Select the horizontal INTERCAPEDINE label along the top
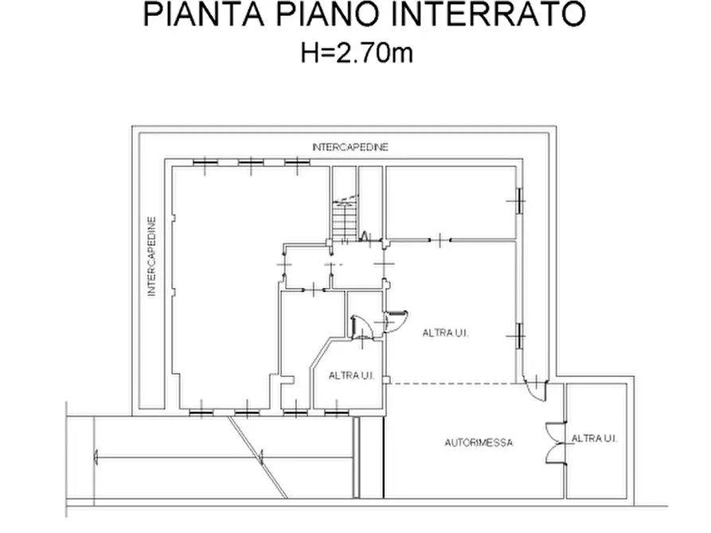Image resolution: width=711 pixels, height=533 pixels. (350, 148)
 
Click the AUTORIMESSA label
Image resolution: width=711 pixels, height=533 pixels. (479, 442)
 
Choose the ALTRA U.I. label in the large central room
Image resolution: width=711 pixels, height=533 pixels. (446, 333)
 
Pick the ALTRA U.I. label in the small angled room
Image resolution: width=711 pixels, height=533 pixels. (352, 375)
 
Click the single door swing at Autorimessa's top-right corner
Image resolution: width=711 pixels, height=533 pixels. (537, 389)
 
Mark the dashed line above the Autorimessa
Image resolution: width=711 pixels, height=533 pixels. (454, 383)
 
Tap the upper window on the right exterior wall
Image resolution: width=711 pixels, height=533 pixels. (518, 201)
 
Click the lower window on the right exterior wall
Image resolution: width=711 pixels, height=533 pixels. (518, 337)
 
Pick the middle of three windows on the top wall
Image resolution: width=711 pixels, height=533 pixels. (251, 162)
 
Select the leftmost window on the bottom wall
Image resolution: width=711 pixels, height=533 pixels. (201, 411)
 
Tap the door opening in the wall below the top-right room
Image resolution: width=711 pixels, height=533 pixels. (440, 239)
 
